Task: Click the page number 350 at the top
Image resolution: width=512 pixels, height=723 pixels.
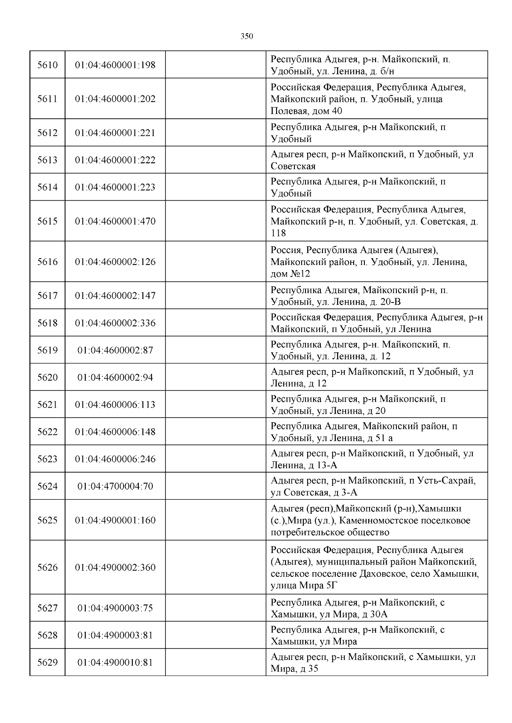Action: coord(247,36)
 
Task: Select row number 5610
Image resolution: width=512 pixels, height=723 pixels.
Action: coord(47,65)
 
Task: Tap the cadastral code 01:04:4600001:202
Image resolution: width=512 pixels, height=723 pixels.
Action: coord(115,99)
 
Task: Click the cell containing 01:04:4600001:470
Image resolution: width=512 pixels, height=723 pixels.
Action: coord(115,221)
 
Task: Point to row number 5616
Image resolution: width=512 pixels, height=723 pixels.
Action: coord(47,262)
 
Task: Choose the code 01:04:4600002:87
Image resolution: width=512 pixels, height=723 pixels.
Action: coord(115,350)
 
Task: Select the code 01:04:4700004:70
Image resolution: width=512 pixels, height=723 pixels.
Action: coord(115,486)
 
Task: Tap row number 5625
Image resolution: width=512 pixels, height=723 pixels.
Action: coord(47,520)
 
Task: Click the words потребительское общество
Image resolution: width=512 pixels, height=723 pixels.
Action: coord(324,532)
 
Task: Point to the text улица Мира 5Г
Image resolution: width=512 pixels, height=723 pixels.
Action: coord(304,585)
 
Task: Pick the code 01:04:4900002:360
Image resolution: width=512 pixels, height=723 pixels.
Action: coord(115,567)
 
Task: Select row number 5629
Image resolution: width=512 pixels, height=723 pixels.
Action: coord(47,663)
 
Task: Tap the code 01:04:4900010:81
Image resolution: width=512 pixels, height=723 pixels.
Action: coord(115,663)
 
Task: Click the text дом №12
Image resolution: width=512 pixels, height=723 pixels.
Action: coord(291,274)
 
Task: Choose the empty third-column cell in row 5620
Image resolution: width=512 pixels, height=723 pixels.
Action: coord(215,377)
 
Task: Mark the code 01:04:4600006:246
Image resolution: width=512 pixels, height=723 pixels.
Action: coord(115,459)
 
